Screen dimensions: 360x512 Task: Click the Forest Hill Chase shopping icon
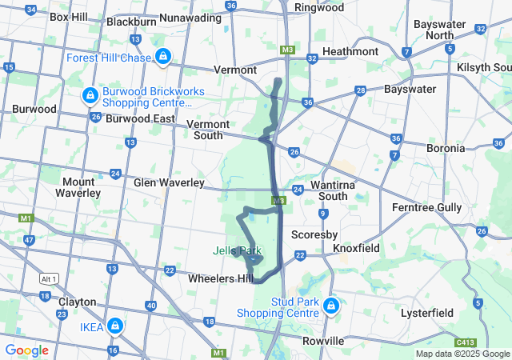(x=163, y=56)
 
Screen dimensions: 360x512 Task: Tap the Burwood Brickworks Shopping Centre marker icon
(x=90, y=97)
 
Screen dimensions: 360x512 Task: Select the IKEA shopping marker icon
(x=116, y=326)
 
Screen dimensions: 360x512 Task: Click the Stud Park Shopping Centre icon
(x=330, y=306)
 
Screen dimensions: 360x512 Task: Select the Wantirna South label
(x=322, y=190)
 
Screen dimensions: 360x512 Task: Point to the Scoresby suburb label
(x=310, y=235)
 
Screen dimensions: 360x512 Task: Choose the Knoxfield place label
(x=358, y=249)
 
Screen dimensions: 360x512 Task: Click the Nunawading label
(x=190, y=17)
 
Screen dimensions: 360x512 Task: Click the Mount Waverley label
(x=78, y=187)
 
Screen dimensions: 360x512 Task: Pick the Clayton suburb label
(x=78, y=302)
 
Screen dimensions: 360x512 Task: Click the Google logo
(x=27, y=350)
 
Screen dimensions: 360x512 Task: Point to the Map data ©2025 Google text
(x=462, y=354)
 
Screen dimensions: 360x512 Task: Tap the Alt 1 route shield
(x=49, y=278)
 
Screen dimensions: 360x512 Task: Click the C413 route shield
(x=474, y=341)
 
